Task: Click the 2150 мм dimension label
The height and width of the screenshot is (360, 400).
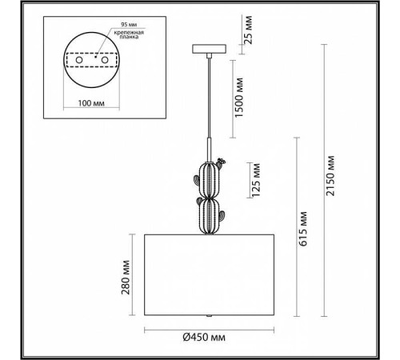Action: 330,176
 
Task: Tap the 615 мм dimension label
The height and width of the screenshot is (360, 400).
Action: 303,229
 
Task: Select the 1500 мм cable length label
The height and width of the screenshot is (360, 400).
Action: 239,98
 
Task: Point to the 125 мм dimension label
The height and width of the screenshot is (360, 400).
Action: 256,180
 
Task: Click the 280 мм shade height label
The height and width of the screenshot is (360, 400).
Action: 126,278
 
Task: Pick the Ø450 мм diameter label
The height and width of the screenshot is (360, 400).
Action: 204,338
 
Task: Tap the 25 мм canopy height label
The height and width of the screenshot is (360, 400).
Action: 248,30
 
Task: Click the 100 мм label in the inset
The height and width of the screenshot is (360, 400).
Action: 91,103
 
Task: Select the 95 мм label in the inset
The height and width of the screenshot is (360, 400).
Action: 129,25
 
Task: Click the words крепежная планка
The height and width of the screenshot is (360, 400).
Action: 129,34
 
